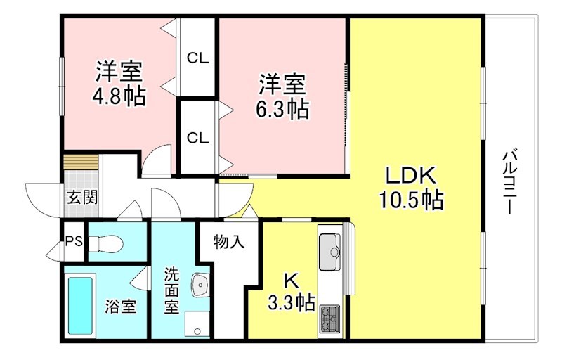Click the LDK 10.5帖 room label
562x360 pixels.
pyautogui.click(x=411, y=188)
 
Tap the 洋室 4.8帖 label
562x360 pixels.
pyautogui.click(x=119, y=84)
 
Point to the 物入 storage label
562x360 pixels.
pyautogui.click(x=229, y=243)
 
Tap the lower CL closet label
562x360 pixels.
pyautogui.click(x=197, y=138)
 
